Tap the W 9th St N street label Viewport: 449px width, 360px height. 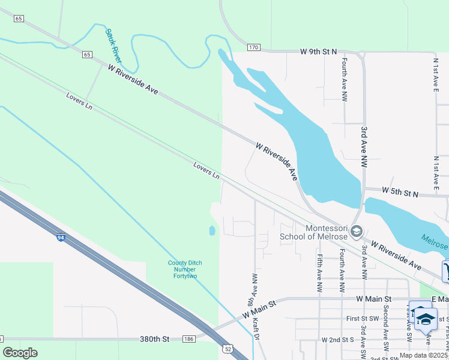321,52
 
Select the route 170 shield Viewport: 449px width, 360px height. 254,47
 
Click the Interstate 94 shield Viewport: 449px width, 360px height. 61,238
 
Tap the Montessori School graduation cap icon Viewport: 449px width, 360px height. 356,232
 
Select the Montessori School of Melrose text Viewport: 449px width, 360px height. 313,232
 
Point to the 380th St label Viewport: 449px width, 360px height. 155,339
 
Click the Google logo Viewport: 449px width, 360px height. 20,353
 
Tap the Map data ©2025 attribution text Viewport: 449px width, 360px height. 424,355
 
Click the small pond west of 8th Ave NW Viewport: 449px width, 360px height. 212,230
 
